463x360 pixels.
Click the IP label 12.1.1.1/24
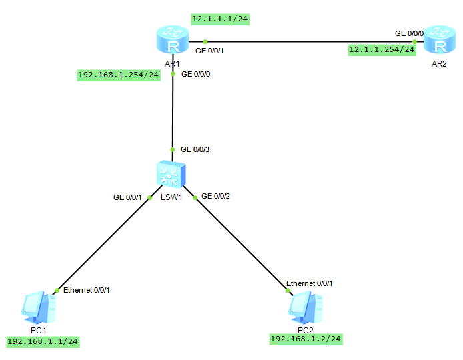tap(220, 19)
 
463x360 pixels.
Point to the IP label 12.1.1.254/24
tap(382, 49)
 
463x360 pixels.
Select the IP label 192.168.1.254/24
tap(119, 75)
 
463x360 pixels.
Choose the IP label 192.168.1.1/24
tap(43, 341)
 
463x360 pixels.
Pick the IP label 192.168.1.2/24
tap(306, 339)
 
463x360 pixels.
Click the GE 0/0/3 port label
tap(195, 149)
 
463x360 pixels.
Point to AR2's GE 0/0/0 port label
tap(409, 33)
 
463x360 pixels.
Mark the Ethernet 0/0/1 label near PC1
tap(86, 290)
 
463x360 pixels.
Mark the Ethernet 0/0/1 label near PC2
tap(309, 283)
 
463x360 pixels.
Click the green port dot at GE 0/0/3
tap(173, 149)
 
